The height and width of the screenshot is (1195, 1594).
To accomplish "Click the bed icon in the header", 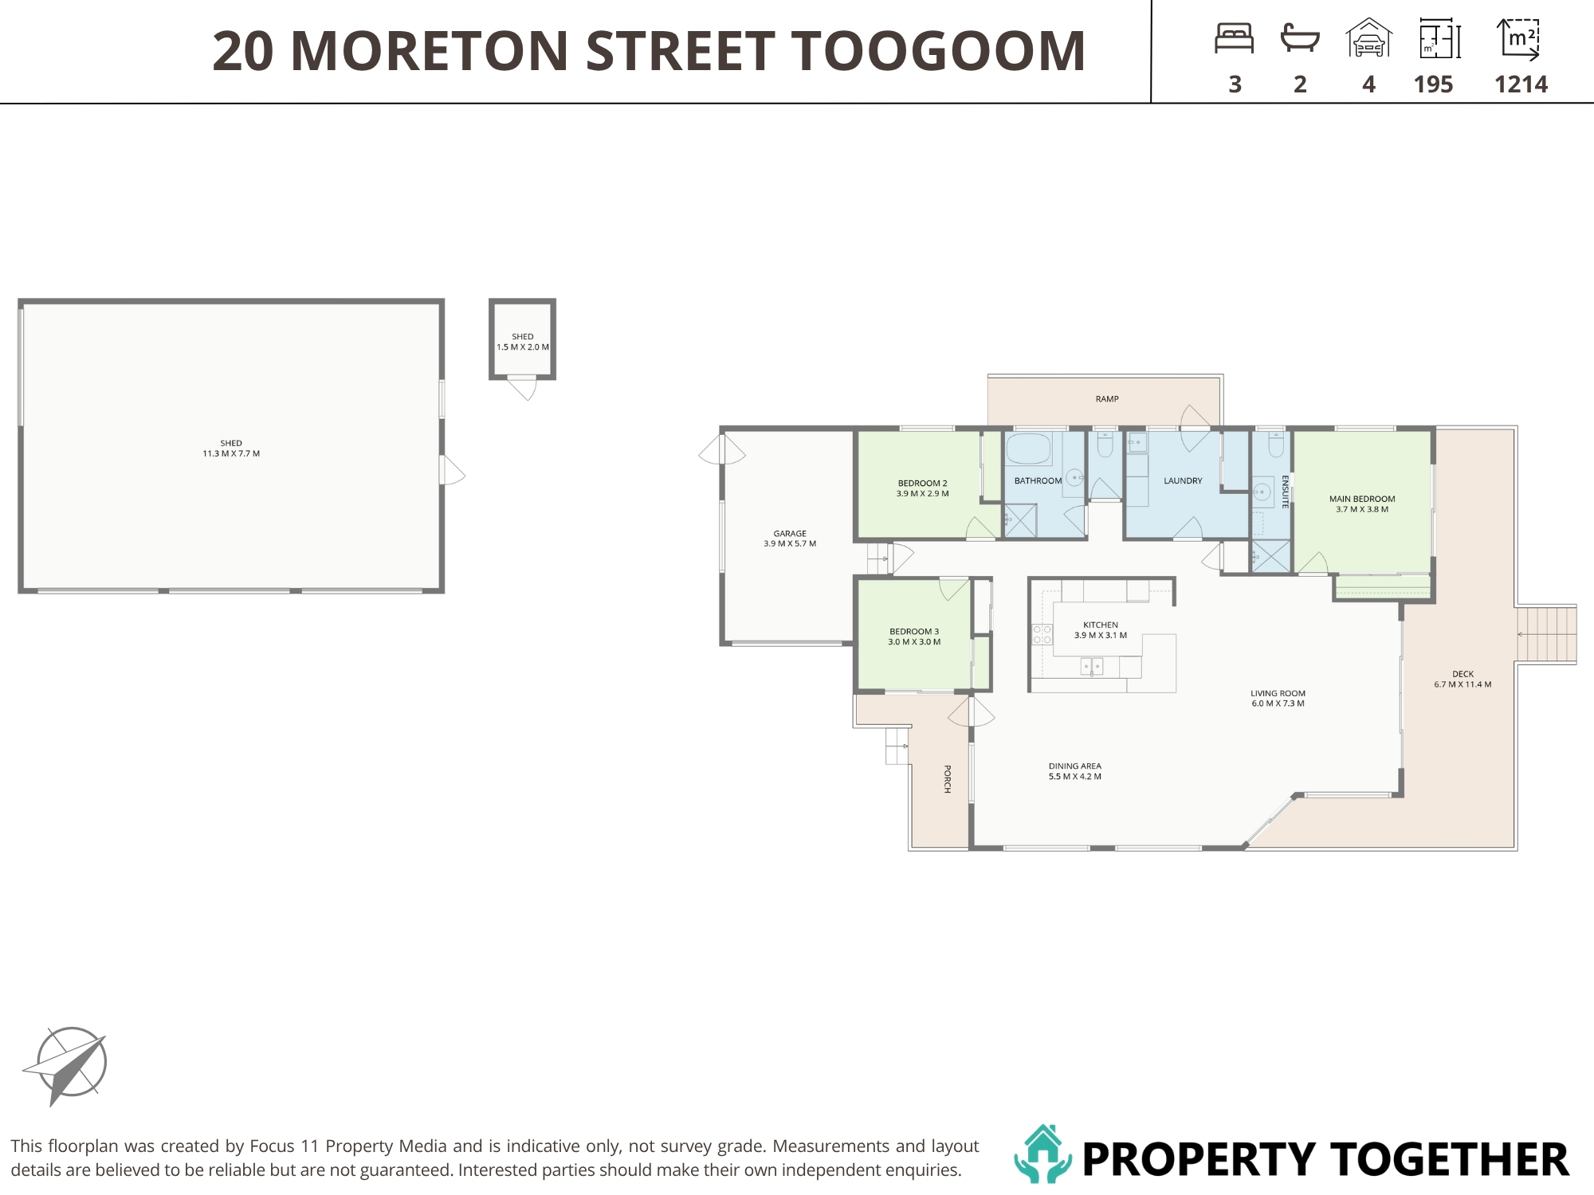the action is (x=1235, y=38).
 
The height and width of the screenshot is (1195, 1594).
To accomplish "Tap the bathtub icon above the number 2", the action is (x=1300, y=38).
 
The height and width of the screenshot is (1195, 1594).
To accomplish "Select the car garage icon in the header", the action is (x=1368, y=37).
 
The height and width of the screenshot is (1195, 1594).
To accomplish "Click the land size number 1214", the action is (x=1521, y=84).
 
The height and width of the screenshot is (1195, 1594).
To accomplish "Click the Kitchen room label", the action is (x=1101, y=630).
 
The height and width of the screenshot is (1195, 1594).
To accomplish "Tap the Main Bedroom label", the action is (x=1362, y=504).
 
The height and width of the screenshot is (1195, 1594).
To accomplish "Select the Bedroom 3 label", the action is (x=914, y=637).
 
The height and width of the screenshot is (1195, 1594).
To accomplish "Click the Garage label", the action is (x=790, y=539).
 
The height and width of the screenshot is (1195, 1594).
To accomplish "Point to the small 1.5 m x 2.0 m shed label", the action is (x=523, y=342).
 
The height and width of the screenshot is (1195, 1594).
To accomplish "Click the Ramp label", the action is (x=1107, y=399).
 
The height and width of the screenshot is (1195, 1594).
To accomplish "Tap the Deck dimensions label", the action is (x=1462, y=684).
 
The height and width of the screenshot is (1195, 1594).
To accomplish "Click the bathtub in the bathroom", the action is (x=1029, y=449).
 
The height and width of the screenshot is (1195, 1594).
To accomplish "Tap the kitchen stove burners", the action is (x=1042, y=634).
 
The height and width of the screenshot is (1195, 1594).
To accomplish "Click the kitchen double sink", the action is (x=1092, y=666).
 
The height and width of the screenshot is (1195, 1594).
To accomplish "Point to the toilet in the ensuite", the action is (x=1276, y=445).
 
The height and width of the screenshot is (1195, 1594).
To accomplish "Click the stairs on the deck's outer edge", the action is (x=1546, y=634).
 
